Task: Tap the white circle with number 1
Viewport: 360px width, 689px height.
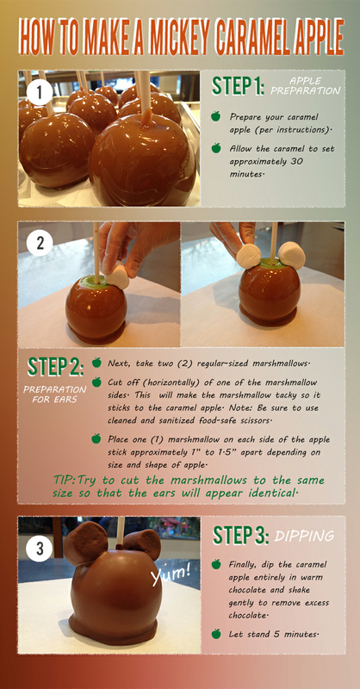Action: [x=40, y=92]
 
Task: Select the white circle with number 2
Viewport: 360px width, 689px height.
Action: [x=40, y=243]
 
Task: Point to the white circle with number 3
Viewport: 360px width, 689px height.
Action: [x=39, y=549]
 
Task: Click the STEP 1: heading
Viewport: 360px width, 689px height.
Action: [x=239, y=86]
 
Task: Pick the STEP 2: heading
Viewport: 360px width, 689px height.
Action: [x=55, y=368]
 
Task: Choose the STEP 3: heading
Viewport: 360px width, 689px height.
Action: [x=240, y=535]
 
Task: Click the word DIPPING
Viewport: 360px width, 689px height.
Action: [x=304, y=536]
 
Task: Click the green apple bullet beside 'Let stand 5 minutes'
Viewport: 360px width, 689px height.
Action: [x=216, y=634]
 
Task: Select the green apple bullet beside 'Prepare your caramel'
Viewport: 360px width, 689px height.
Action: [x=216, y=116]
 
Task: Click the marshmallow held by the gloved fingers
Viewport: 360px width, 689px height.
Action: [x=117, y=276]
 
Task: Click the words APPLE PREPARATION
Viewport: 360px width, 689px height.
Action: [x=306, y=86]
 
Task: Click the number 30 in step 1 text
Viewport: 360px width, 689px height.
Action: [x=296, y=161]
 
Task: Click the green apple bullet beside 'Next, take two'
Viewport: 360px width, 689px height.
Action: [x=96, y=363]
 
